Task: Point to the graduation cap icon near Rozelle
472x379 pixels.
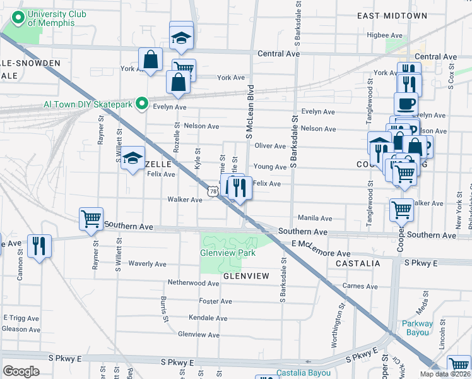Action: [133, 159]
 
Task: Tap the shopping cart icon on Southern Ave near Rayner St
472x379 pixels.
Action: [91, 219]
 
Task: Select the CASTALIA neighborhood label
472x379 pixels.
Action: [358, 263]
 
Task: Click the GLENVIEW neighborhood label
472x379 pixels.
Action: [246, 276]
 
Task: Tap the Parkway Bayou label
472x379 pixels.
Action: [418, 328]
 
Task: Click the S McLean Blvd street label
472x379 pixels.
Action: [249, 112]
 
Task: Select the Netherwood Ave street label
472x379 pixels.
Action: [193, 283]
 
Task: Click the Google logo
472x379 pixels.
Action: [21, 371]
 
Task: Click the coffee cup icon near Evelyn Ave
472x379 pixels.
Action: [406, 103]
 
